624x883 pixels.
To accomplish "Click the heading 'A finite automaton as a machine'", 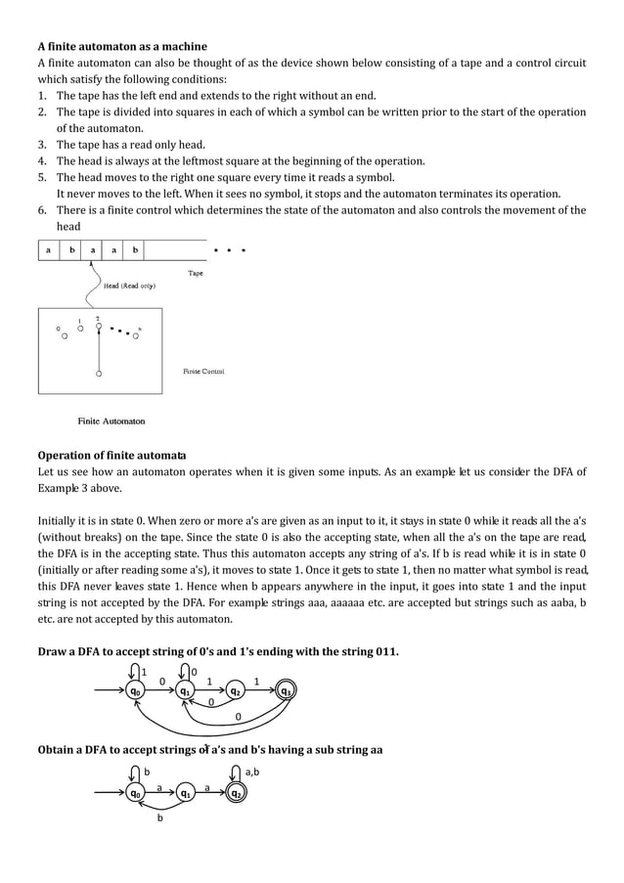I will point(122,46).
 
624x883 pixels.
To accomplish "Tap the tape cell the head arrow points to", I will point(93,250).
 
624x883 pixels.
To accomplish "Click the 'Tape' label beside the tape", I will point(196,274).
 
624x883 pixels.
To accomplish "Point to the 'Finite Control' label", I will point(204,372).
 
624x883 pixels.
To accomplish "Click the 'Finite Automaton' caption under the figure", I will point(111,421).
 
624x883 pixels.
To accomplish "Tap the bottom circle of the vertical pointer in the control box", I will point(99,374).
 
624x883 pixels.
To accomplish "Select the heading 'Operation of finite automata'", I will point(112,455).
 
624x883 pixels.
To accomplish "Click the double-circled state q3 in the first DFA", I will point(286,691).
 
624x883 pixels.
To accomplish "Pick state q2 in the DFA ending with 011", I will point(236,691).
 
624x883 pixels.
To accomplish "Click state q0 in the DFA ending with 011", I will point(133,691).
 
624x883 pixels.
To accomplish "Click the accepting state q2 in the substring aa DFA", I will point(236,794).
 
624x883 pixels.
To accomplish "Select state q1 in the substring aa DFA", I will point(184,794).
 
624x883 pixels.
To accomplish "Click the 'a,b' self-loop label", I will point(252,773).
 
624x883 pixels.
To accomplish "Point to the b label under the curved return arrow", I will point(159,819).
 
